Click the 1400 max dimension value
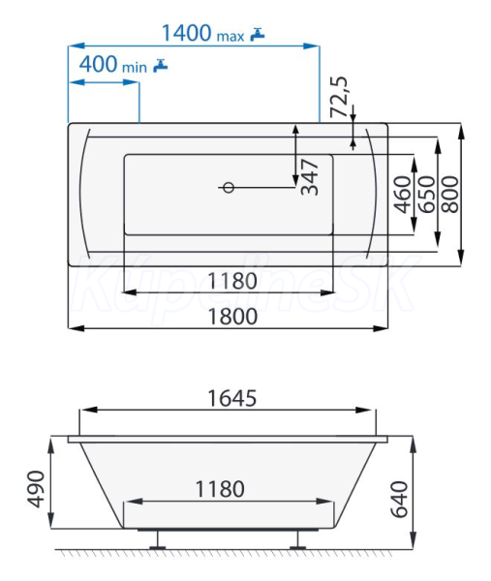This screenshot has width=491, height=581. point(203,33)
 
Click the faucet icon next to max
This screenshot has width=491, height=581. point(258,34)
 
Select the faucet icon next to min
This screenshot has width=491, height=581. point(161,65)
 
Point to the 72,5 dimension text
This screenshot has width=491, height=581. point(340,97)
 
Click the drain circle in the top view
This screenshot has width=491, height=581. point(229,188)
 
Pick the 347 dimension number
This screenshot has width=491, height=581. point(310,177)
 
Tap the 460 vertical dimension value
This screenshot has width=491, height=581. point(403,195)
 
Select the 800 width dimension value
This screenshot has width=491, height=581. point(450,195)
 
